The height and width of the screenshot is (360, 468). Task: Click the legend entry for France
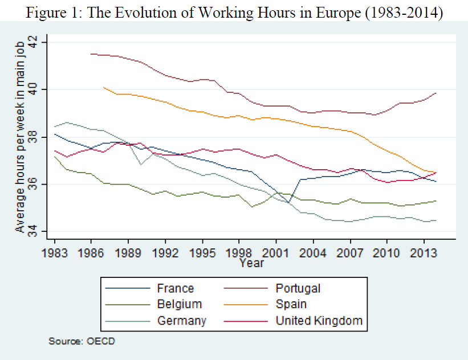coord(176,288)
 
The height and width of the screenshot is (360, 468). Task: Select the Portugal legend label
coord(298,288)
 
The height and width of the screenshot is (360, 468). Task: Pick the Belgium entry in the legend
coord(180,304)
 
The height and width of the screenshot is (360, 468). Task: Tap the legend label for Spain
coord(291,304)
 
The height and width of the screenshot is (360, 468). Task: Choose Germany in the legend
coord(182,320)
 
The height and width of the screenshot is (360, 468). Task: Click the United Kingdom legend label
coord(319,320)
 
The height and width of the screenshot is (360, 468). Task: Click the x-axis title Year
coord(251,263)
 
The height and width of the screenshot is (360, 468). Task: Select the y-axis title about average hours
coord(19,137)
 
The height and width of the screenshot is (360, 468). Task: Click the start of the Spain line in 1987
coord(103,87)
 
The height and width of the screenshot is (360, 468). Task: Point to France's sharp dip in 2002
coord(288,202)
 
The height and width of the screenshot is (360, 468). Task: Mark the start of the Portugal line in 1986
coord(91,54)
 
